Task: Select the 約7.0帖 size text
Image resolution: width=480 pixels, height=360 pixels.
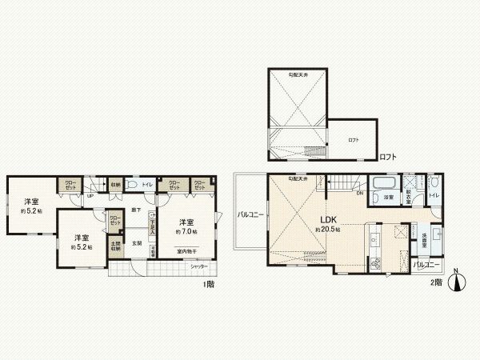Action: [186, 231]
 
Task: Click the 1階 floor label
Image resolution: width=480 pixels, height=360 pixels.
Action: [209, 283]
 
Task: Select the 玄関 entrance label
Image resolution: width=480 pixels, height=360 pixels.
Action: [137, 243]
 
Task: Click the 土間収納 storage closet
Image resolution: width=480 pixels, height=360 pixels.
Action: [116, 246]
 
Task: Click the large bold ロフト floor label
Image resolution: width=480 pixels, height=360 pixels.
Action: [387, 157]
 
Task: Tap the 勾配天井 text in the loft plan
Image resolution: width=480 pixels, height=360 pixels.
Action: [299, 74]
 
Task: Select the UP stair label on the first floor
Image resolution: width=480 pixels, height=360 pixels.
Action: [89, 196]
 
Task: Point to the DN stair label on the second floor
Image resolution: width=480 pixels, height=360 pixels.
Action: [358, 192]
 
